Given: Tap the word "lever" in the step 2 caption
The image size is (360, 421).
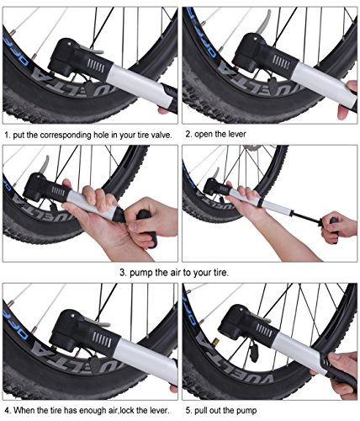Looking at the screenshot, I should (x=242, y=133).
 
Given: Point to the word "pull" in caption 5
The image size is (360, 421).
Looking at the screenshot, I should (x=204, y=410).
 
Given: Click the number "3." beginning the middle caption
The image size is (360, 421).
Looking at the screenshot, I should (x=124, y=272).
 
